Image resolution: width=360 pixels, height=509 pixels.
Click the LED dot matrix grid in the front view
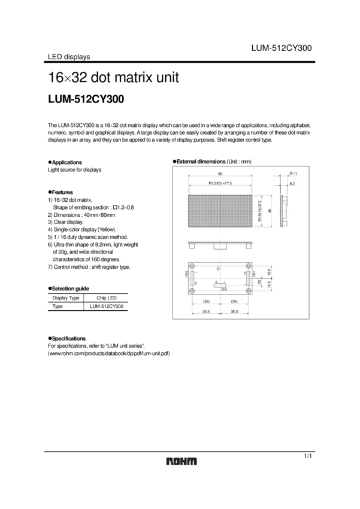click(220, 210)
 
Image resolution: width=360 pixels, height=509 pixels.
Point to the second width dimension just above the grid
click(220, 182)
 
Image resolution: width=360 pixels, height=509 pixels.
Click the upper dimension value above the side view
click(293, 173)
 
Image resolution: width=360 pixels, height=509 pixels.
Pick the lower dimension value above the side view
click(293, 183)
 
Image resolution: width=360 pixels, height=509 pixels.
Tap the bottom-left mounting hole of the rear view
click(192, 291)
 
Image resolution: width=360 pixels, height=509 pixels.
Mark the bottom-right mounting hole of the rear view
click(249, 291)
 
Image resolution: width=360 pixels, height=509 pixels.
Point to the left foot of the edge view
click(192, 246)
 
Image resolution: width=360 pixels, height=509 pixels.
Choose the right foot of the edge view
click(249, 246)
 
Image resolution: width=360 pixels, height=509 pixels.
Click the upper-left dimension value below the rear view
click(206, 301)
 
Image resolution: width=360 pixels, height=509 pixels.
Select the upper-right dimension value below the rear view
click(234, 301)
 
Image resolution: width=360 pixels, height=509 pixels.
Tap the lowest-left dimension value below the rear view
click(206, 311)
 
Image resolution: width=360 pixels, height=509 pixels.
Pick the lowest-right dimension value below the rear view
click(234, 311)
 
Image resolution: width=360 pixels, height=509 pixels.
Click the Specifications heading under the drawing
click(67, 338)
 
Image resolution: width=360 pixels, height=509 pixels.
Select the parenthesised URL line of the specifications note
click(109, 354)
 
